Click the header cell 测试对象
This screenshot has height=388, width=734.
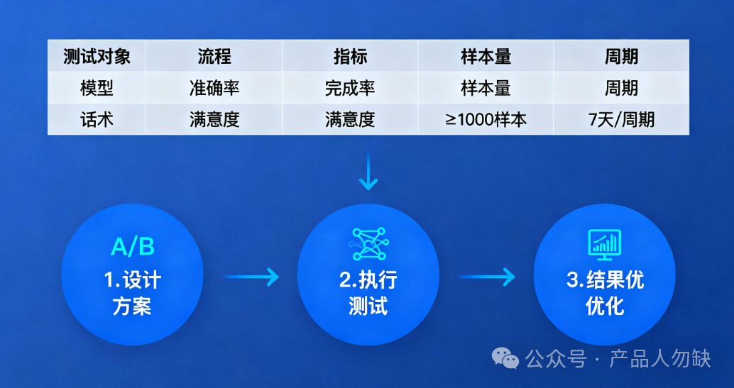tap(97, 56)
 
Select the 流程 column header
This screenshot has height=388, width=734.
tap(214, 56)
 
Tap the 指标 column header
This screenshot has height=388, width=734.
tap(350, 56)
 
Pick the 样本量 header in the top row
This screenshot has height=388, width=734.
tap(486, 56)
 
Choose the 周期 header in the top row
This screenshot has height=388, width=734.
tap(621, 56)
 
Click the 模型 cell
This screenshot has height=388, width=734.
tap(97, 88)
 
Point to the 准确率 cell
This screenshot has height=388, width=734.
tap(214, 88)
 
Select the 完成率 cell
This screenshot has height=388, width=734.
tap(350, 88)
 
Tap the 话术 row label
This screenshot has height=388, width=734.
tap(97, 119)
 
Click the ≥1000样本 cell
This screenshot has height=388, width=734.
tap(486, 119)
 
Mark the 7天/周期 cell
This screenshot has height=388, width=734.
tap(621, 119)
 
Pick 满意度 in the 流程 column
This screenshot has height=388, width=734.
tap(214, 119)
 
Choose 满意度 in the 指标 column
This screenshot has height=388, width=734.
tap(350, 119)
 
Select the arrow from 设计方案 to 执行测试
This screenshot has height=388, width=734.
tap(252, 277)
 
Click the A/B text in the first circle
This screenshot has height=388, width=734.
tap(133, 247)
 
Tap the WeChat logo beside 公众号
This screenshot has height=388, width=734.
tap(506, 359)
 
